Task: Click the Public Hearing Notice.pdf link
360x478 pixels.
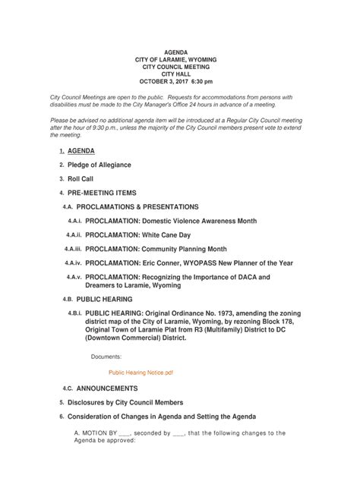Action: point(141,373)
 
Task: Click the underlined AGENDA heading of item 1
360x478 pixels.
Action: point(81,151)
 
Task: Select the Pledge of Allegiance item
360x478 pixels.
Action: point(99,165)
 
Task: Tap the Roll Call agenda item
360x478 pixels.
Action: point(81,178)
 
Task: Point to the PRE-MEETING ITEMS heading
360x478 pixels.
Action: point(102,193)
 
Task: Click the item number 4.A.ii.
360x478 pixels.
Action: point(74,235)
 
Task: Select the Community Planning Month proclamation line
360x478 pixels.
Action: point(156,249)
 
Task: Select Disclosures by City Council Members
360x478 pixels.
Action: point(125,402)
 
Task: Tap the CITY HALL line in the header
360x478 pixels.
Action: point(179,74)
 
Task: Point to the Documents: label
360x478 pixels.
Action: point(106,356)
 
